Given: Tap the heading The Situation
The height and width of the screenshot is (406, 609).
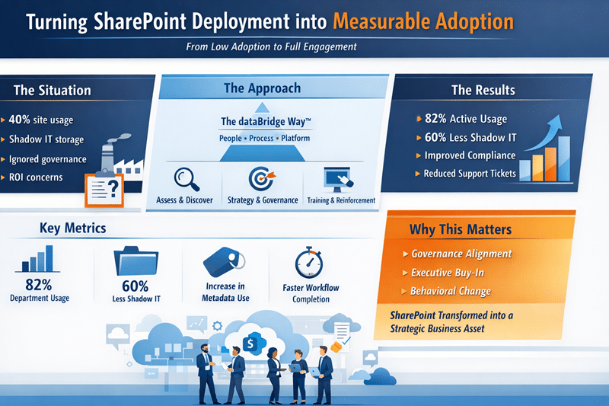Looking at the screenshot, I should (52, 90).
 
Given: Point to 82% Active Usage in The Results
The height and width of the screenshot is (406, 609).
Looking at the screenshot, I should (466, 119).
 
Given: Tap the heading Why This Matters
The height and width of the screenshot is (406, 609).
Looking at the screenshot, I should (460, 229).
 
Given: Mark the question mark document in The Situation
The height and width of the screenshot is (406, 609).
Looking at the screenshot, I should (101, 187).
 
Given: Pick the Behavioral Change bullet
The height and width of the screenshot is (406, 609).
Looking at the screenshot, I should (451, 291).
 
